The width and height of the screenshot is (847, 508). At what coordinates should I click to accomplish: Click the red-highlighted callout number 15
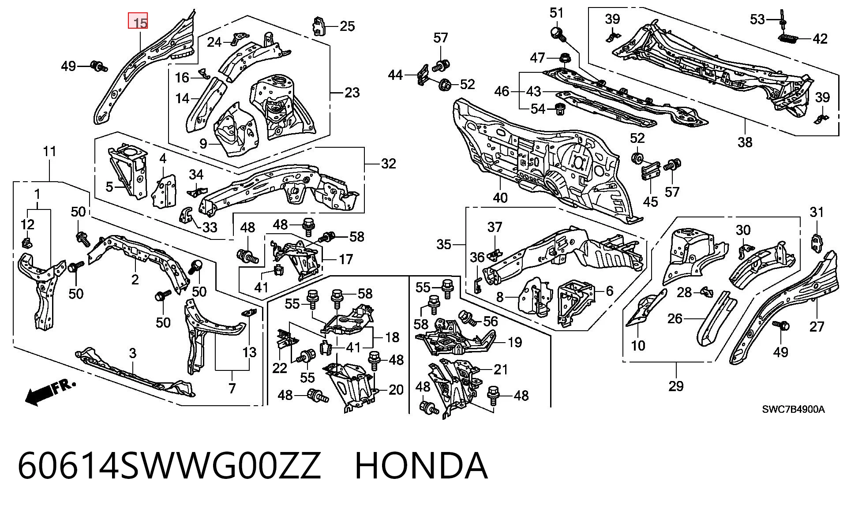tap(138, 21)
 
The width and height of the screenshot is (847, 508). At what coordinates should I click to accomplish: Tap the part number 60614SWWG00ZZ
tap(169, 467)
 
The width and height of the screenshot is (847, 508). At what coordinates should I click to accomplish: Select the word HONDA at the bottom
tap(421, 467)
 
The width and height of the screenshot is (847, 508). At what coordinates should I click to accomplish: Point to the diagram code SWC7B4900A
tap(793, 409)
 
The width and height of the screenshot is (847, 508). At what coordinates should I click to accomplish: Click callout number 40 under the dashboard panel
tap(500, 198)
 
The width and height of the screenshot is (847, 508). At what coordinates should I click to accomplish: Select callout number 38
tap(745, 142)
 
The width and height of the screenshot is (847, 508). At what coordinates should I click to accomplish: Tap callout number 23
tap(352, 93)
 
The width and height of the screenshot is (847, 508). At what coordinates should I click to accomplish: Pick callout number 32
tap(388, 164)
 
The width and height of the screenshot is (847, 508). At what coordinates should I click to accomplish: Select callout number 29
tap(676, 386)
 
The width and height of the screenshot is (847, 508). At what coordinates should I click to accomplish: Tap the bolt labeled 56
tap(468, 318)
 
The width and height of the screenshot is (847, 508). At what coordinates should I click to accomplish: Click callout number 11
tap(49, 151)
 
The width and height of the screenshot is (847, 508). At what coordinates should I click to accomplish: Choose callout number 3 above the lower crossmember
tap(132, 353)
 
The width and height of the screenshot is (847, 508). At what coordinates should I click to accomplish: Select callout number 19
tap(514, 342)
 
